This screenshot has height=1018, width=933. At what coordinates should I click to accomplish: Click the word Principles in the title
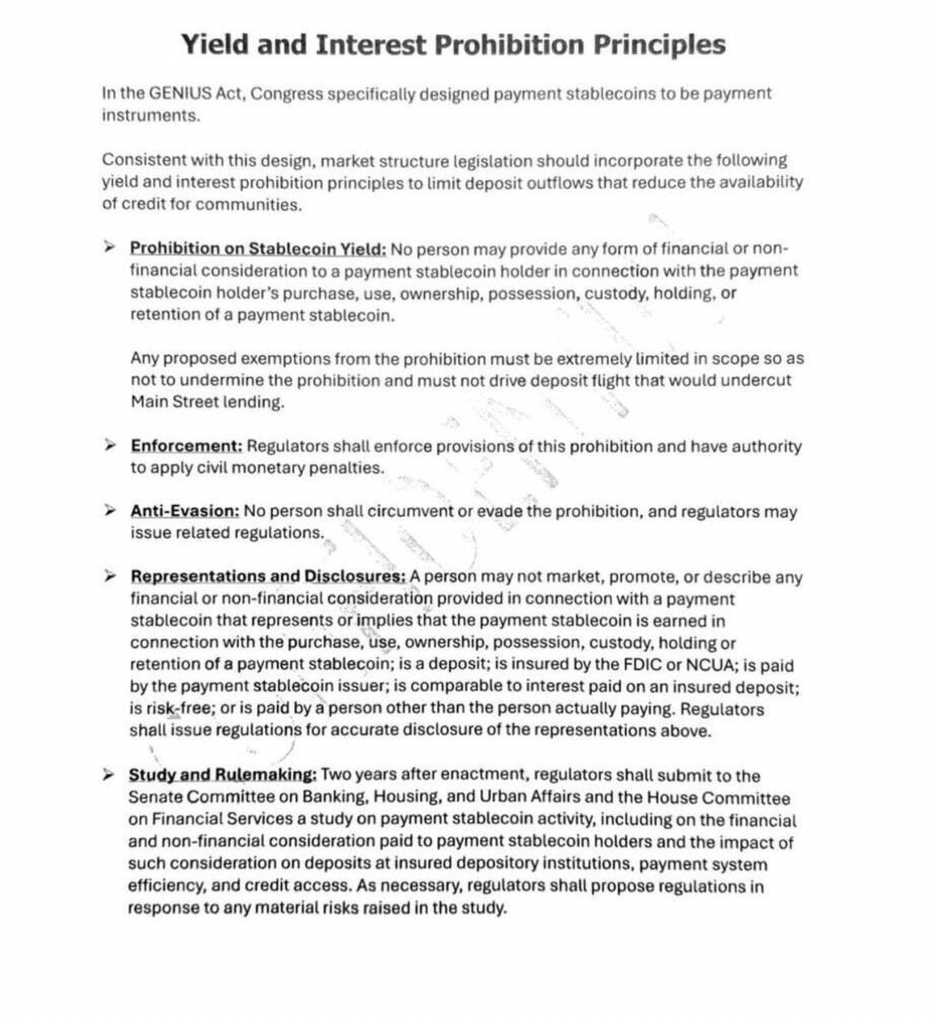[x=659, y=45]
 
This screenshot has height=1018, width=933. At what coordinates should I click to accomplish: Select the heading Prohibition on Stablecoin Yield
[x=257, y=249]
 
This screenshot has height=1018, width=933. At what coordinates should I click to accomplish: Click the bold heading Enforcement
[x=186, y=446]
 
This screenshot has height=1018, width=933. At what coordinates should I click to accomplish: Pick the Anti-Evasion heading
[x=184, y=511]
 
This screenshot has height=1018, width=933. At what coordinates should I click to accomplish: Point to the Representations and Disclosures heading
[x=268, y=576]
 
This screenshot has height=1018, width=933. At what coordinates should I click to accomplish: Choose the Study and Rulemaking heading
[x=222, y=775]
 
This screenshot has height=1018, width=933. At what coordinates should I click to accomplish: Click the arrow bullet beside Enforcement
[x=110, y=446]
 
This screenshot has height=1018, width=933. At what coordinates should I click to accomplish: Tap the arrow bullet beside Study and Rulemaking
[x=108, y=775]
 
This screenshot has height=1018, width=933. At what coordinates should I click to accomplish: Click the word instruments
[x=150, y=116]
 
